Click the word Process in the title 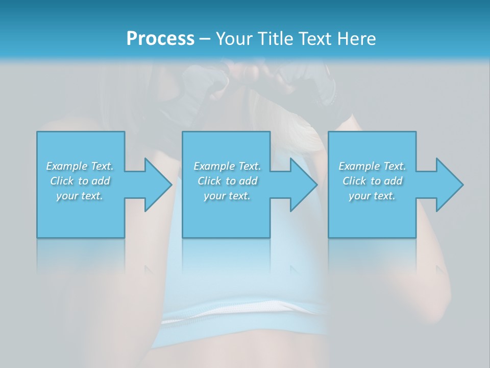[160, 39]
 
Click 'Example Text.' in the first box [80, 166]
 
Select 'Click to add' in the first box [80, 181]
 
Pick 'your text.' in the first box [80, 196]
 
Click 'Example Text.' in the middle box [227, 166]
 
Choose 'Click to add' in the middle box [227, 181]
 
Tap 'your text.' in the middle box [227, 196]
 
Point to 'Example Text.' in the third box [372, 166]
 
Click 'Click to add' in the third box [372, 181]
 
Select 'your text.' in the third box [372, 196]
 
